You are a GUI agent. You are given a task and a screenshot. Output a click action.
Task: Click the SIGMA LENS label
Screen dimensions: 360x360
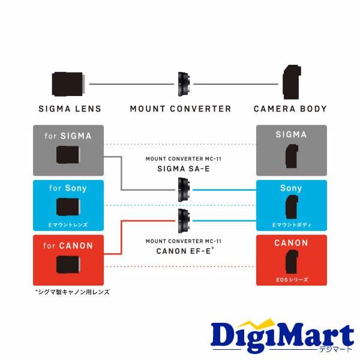70,109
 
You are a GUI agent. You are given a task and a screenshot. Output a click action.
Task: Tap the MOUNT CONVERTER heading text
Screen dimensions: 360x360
181,109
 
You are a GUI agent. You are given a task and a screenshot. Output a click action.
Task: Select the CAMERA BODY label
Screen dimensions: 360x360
290,109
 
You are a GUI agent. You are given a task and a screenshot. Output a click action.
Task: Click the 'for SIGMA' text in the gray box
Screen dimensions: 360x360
68,136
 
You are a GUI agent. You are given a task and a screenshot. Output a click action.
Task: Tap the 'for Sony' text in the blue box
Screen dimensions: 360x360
68,188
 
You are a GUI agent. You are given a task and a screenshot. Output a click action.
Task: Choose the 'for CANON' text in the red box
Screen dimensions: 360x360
68,245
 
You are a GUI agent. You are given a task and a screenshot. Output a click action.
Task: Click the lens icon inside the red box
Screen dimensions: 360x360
68,265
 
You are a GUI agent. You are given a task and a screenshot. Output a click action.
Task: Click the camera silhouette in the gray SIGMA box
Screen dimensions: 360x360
291,155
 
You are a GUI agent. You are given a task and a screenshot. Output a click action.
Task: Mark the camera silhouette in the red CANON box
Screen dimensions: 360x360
291,264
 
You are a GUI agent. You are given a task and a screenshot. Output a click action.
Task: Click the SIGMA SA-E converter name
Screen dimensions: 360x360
181,169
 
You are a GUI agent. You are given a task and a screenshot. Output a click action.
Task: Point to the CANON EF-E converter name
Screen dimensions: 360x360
179,250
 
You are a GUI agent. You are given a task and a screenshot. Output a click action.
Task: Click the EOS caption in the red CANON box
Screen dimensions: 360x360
291,280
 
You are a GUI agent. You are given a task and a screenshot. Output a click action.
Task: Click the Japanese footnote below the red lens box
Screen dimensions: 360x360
73,292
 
